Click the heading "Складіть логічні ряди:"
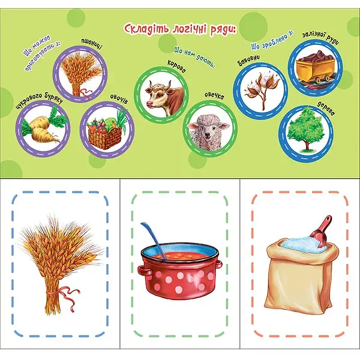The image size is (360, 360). point(181,29)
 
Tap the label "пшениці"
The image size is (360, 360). point(91,44)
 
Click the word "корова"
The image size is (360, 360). point(176,66)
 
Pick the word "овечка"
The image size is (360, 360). point(214,96)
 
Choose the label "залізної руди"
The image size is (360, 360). point(320,37)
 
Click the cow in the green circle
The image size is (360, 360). point(165,97)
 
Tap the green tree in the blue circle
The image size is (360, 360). point(305,130)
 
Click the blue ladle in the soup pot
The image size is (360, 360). point(154,239)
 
